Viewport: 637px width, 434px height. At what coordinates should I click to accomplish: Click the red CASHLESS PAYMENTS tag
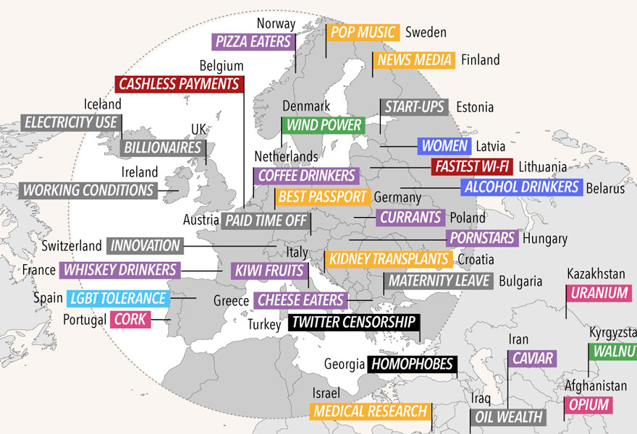[179, 85]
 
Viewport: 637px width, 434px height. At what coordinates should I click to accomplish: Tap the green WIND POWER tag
[323, 125]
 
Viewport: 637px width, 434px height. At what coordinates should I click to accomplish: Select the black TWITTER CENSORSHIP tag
[353, 323]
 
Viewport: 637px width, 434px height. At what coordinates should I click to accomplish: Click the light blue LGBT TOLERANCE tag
[118, 298]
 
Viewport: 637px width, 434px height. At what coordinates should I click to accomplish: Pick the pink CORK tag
[130, 320]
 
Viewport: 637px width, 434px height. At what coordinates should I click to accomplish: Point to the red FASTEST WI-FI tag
[472, 167]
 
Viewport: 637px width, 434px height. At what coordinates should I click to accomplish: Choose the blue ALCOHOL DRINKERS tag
[522, 187]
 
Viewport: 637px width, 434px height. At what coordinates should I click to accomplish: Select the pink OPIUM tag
[589, 405]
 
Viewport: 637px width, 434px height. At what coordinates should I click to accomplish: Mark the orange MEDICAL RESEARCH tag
[369, 412]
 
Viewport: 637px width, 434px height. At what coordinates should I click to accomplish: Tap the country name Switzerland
[72, 246]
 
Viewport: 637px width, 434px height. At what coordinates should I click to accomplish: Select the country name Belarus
[606, 189]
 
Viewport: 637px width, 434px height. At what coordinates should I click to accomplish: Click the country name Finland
[481, 60]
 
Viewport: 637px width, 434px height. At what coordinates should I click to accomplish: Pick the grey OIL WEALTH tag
[508, 417]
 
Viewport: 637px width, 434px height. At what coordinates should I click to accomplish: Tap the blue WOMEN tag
[443, 145]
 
